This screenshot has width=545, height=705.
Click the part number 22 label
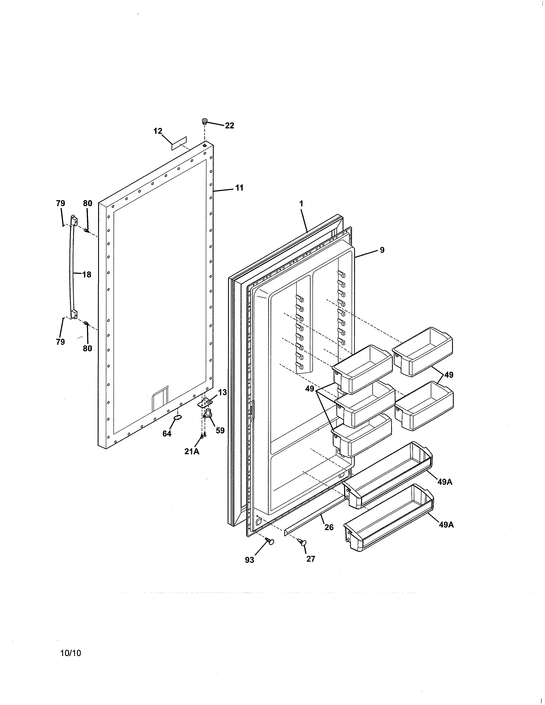229,126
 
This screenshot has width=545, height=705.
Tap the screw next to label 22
204,121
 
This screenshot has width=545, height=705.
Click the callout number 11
239,188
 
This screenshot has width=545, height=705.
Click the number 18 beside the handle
87,275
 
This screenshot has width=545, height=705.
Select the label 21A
192,452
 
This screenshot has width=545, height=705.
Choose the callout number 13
222,392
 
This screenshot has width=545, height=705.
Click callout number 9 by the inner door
382,250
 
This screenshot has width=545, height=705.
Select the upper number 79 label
60,203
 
